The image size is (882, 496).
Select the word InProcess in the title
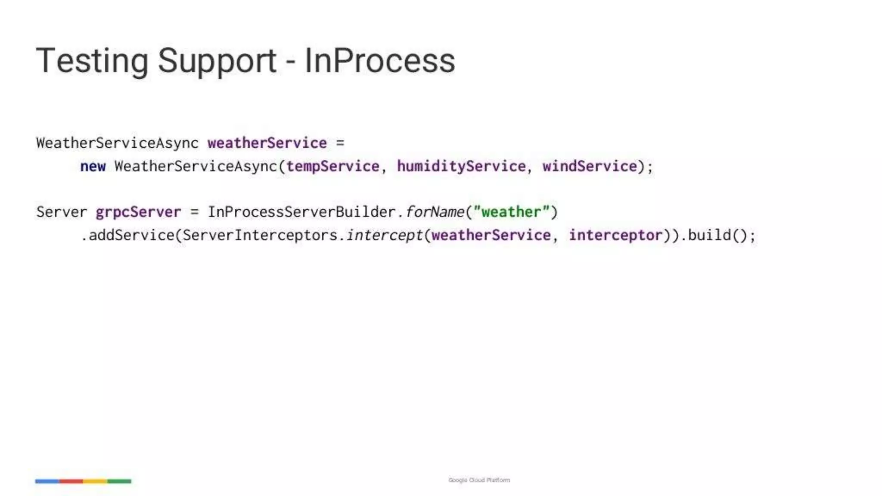click(x=379, y=61)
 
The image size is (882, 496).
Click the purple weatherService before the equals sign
click(x=267, y=143)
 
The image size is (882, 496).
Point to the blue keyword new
click(x=93, y=166)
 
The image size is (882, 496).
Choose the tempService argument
click(x=333, y=166)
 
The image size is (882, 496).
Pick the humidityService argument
click(x=461, y=166)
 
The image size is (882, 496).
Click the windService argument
click(x=590, y=166)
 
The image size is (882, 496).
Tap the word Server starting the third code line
click(x=62, y=212)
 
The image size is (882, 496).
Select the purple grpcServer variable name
click(x=138, y=212)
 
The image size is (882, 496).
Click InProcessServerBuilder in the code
click(x=301, y=212)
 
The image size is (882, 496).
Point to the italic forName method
click(x=435, y=212)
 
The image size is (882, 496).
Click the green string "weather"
click(x=511, y=212)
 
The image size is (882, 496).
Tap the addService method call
click(x=131, y=235)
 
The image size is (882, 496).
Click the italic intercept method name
click(x=385, y=235)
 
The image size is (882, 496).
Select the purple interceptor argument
click(x=615, y=235)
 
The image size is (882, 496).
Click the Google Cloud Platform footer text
click(x=479, y=480)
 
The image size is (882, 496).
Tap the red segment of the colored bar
click(x=71, y=481)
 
